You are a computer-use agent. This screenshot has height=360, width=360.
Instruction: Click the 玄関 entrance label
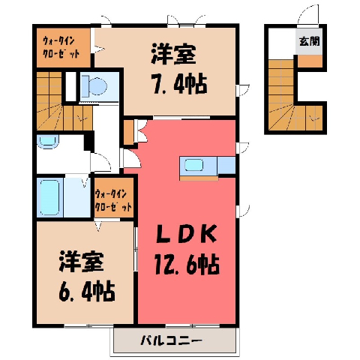coord(310,41)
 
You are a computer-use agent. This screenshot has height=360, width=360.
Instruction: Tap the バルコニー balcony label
coord(171,340)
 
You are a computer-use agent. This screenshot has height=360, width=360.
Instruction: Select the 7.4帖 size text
coord(180,84)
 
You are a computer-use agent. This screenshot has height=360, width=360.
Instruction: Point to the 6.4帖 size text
coord(87,291)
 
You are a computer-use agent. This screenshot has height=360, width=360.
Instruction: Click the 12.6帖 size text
coord(187,264)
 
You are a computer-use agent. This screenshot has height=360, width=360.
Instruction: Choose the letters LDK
coord(186,234)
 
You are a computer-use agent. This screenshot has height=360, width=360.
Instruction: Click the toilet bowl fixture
coord(94,86)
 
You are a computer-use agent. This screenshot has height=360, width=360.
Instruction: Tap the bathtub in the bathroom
coord(49,198)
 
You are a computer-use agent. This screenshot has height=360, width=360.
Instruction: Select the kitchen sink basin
coord(193,165)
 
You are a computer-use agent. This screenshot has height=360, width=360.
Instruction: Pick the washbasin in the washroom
coord(48,141)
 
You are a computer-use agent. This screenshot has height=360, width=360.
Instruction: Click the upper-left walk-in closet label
coord(61,47)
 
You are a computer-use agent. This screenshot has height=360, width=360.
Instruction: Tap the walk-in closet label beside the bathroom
coord(114,200)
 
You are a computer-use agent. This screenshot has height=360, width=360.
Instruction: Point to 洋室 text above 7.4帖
coord(173,54)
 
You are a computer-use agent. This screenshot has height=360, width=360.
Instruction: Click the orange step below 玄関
coord(310,61)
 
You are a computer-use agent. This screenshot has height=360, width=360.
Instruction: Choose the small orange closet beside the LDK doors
coord(128,132)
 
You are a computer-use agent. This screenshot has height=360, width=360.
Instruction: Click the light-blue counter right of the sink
coord(226,165)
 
